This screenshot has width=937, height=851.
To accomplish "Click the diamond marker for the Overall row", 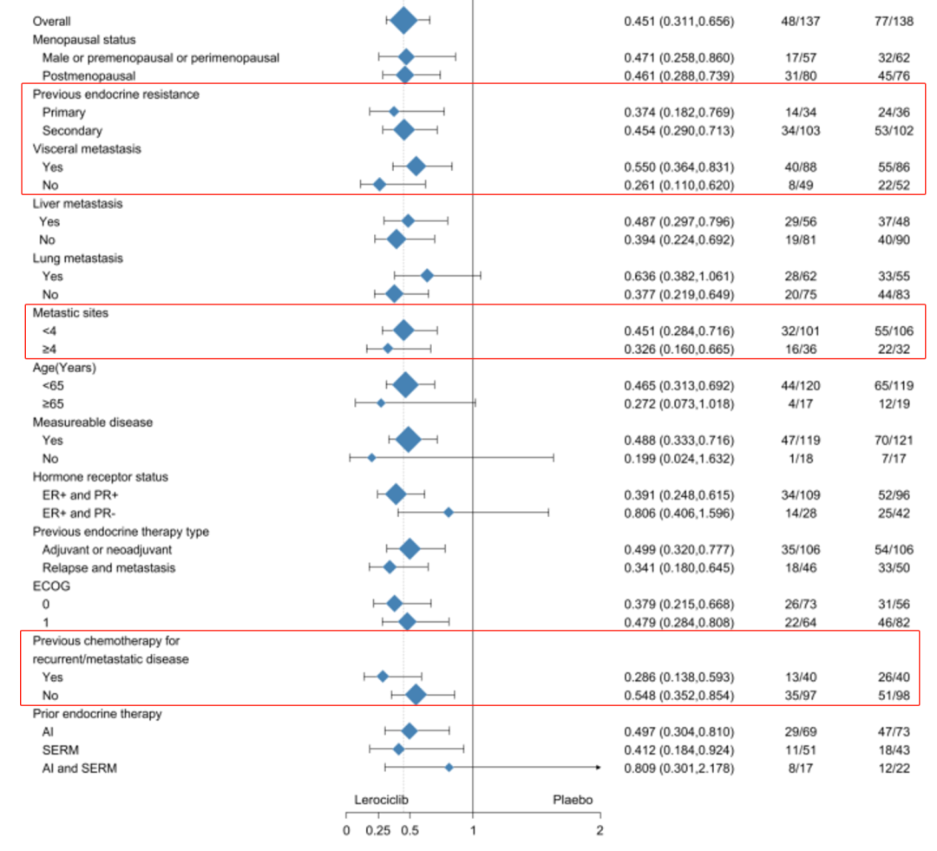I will tap(403, 21).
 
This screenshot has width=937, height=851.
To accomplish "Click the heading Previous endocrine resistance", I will tap(115, 94).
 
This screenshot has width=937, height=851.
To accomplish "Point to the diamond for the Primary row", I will tap(394, 112).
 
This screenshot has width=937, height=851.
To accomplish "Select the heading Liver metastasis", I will tap(77, 203).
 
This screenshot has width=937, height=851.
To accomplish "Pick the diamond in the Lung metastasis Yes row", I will tap(427, 276).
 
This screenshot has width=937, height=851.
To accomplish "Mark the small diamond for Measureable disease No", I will tap(371, 458).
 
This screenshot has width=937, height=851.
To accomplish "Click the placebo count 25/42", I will tap(894, 513).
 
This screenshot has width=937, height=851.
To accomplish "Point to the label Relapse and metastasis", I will tap(108, 567).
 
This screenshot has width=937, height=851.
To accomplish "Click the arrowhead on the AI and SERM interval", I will tap(597, 768).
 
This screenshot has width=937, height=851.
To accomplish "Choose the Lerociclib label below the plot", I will tap(382, 801).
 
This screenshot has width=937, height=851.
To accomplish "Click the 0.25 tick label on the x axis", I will tap(377, 830).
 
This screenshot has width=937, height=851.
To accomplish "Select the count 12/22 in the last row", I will tap(894, 768).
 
